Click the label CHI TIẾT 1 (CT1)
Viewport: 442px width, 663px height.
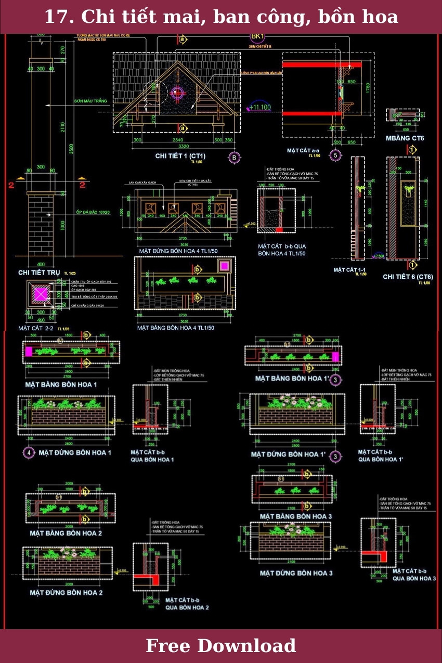coord(180,156)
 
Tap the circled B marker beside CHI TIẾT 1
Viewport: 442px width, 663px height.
coord(234,158)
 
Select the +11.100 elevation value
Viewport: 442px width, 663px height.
coord(259,108)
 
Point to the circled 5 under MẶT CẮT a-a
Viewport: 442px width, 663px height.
coord(335,155)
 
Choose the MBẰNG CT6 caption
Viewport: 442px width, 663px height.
coord(405,138)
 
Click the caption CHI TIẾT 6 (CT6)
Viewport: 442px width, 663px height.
coord(408,277)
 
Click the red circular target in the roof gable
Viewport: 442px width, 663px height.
coord(177,93)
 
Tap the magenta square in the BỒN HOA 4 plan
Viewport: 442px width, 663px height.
coord(225,266)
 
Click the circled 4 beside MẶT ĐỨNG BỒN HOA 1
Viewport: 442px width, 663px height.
coord(29,453)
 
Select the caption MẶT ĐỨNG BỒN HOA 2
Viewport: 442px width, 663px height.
coord(66,592)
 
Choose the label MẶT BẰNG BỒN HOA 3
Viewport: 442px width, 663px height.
coord(295,516)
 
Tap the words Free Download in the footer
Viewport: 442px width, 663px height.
coord(220,646)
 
